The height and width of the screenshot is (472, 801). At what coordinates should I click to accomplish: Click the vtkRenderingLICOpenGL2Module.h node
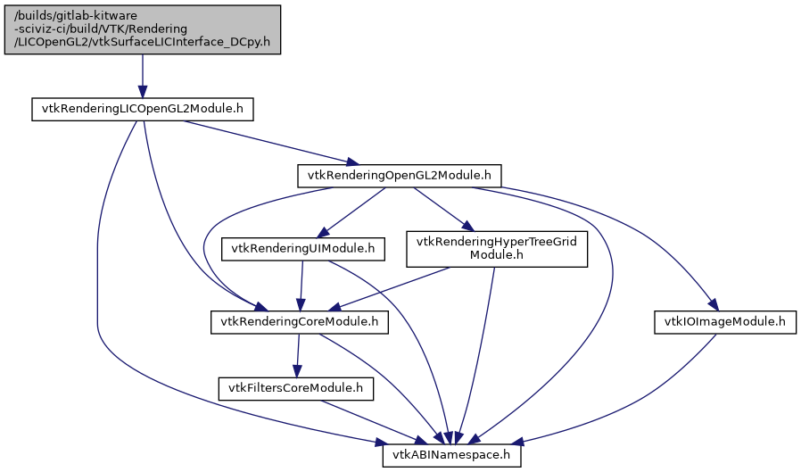[143, 110]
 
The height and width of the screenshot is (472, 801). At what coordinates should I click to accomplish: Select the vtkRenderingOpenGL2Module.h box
[399, 176]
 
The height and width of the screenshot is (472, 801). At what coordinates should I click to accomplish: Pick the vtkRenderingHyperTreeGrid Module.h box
[498, 249]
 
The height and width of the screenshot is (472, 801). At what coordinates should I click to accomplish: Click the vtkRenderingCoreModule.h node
[300, 321]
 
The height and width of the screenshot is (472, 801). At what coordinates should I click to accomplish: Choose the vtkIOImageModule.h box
[725, 321]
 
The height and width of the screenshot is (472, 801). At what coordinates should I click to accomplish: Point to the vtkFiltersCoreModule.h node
[296, 388]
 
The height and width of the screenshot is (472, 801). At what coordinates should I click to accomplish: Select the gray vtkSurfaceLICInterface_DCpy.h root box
[143, 29]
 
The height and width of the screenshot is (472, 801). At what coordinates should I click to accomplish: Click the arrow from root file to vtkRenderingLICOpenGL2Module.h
[143, 77]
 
